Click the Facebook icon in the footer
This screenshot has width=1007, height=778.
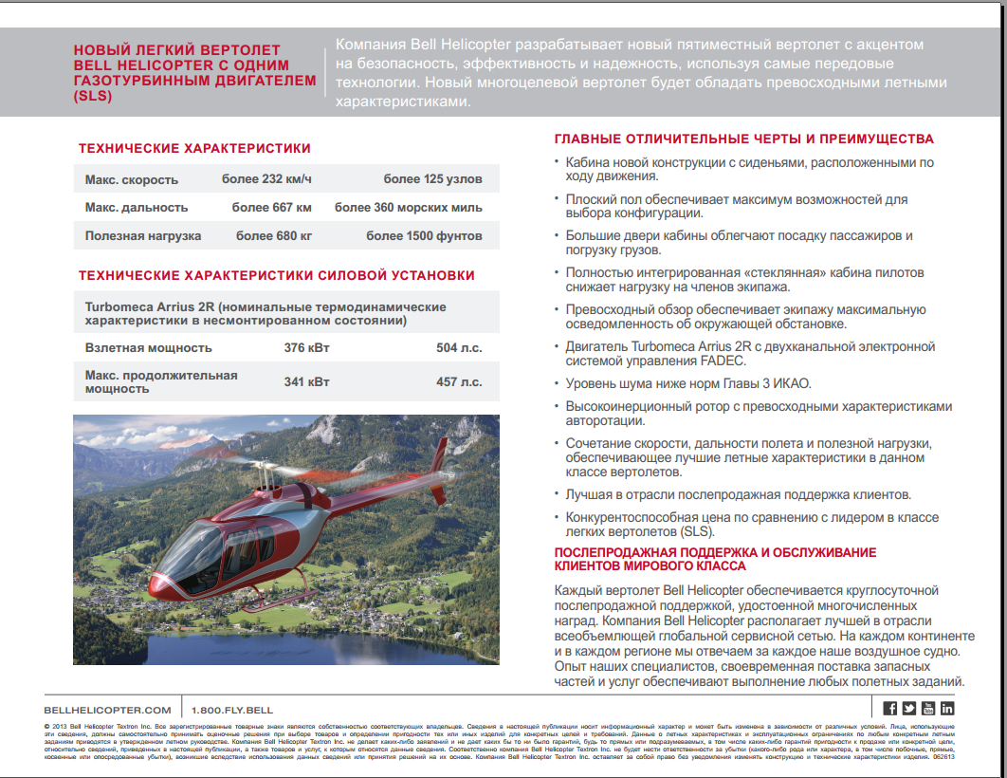[890, 708]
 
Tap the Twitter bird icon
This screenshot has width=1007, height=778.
[909, 708]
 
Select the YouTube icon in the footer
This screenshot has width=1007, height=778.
[928, 708]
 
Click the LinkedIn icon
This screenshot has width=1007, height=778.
[947, 708]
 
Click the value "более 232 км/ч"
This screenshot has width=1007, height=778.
[266, 179]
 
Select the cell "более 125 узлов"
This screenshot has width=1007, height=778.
[432, 179]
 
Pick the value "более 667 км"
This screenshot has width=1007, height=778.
[272, 208]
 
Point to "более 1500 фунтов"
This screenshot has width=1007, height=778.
[424, 236]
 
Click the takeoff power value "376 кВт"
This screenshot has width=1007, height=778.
[307, 348]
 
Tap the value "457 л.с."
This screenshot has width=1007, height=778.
[459, 382]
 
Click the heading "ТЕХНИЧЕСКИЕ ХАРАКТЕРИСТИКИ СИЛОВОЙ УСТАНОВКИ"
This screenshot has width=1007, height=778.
[277, 275]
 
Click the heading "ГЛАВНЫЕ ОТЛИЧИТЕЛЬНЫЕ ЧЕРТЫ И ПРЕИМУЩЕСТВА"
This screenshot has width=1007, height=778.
[744, 139]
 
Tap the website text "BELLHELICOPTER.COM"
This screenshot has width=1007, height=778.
[107, 710]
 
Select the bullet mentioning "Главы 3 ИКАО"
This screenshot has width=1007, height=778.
[688, 383]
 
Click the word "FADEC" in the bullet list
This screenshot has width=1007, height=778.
[726, 361]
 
